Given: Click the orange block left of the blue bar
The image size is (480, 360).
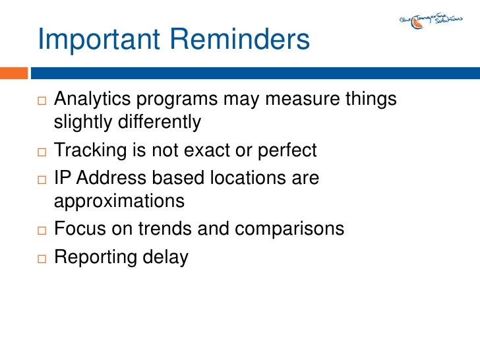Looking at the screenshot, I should pos(13,73).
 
